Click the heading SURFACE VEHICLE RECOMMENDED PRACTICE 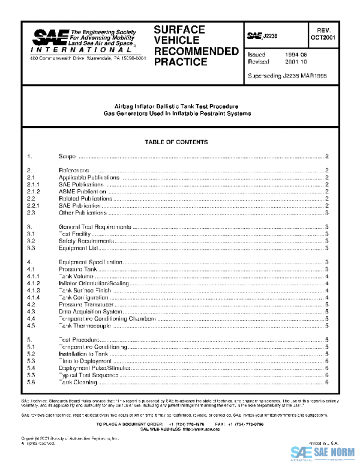195,45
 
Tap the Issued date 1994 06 296,55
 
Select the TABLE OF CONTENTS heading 176,142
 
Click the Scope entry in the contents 67,156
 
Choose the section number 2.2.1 33,205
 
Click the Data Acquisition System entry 86,312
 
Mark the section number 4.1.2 33,283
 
